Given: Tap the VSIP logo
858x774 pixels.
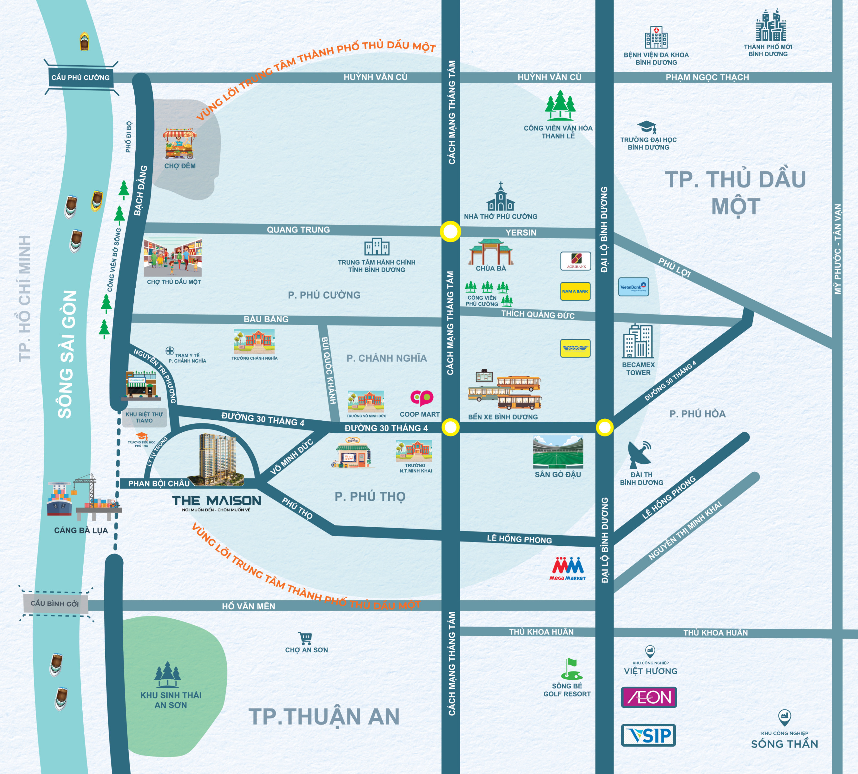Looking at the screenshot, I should click(x=648, y=735).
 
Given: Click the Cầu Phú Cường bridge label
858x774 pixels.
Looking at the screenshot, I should click(x=80, y=77).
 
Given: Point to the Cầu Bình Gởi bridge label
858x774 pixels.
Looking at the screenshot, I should click(x=55, y=604).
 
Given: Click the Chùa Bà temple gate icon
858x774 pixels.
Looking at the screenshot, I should click(x=491, y=252).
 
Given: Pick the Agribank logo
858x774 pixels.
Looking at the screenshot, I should click(x=575, y=261).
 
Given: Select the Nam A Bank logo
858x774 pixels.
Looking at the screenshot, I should click(x=575, y=291).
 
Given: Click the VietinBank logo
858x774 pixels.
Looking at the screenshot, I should click(x=633, y=287).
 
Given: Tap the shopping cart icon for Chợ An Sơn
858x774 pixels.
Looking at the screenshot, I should click(x=305, y=638).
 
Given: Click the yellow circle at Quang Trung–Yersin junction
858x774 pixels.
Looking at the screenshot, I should click(x=450, y=232).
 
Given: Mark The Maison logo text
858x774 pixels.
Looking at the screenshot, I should click(x=217, y=501).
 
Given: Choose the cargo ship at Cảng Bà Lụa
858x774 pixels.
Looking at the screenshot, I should click(x=59, y=502).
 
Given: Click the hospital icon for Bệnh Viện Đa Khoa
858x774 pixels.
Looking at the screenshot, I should click(x=656, y=37).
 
